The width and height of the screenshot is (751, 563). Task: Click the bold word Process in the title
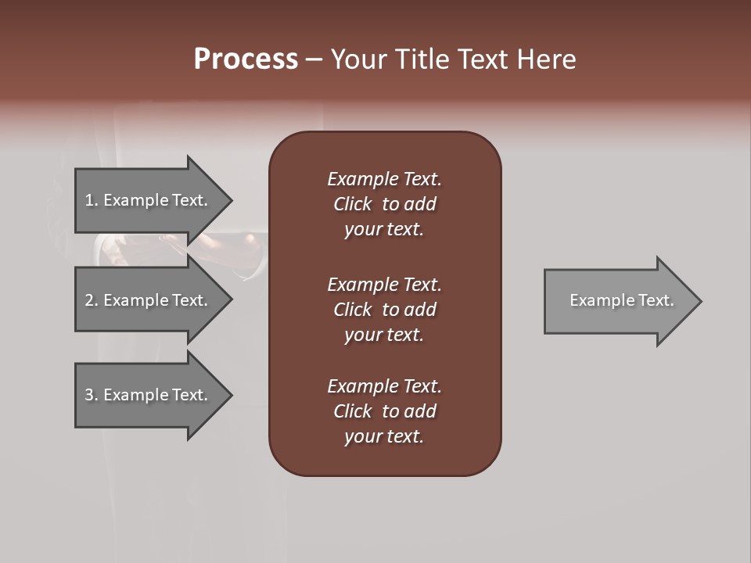click(x=246, y=59)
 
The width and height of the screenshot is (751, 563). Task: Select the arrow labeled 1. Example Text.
click(x=146, y=200)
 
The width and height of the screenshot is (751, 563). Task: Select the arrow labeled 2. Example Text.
click(x=146, y=300)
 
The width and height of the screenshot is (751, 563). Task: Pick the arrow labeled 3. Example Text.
click(x=146, y=395)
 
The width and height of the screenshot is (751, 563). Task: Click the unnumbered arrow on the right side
click(x=618, y=300)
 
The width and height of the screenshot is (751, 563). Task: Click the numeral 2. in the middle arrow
click(x=91, y=300)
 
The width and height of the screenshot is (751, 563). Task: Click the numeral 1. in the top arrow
click(x=91, y=200)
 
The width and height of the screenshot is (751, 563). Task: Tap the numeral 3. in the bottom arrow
click(x=91, y=395)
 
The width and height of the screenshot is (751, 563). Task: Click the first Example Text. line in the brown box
click(x=384, y=179)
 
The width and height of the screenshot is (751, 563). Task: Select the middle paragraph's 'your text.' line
click(x=384, y=335)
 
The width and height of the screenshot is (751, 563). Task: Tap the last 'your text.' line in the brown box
click(x=384, y=436)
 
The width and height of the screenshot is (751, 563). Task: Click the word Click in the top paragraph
click(x=352, y=204)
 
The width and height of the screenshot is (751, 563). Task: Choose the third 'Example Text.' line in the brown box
click(x=384, y=386)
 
